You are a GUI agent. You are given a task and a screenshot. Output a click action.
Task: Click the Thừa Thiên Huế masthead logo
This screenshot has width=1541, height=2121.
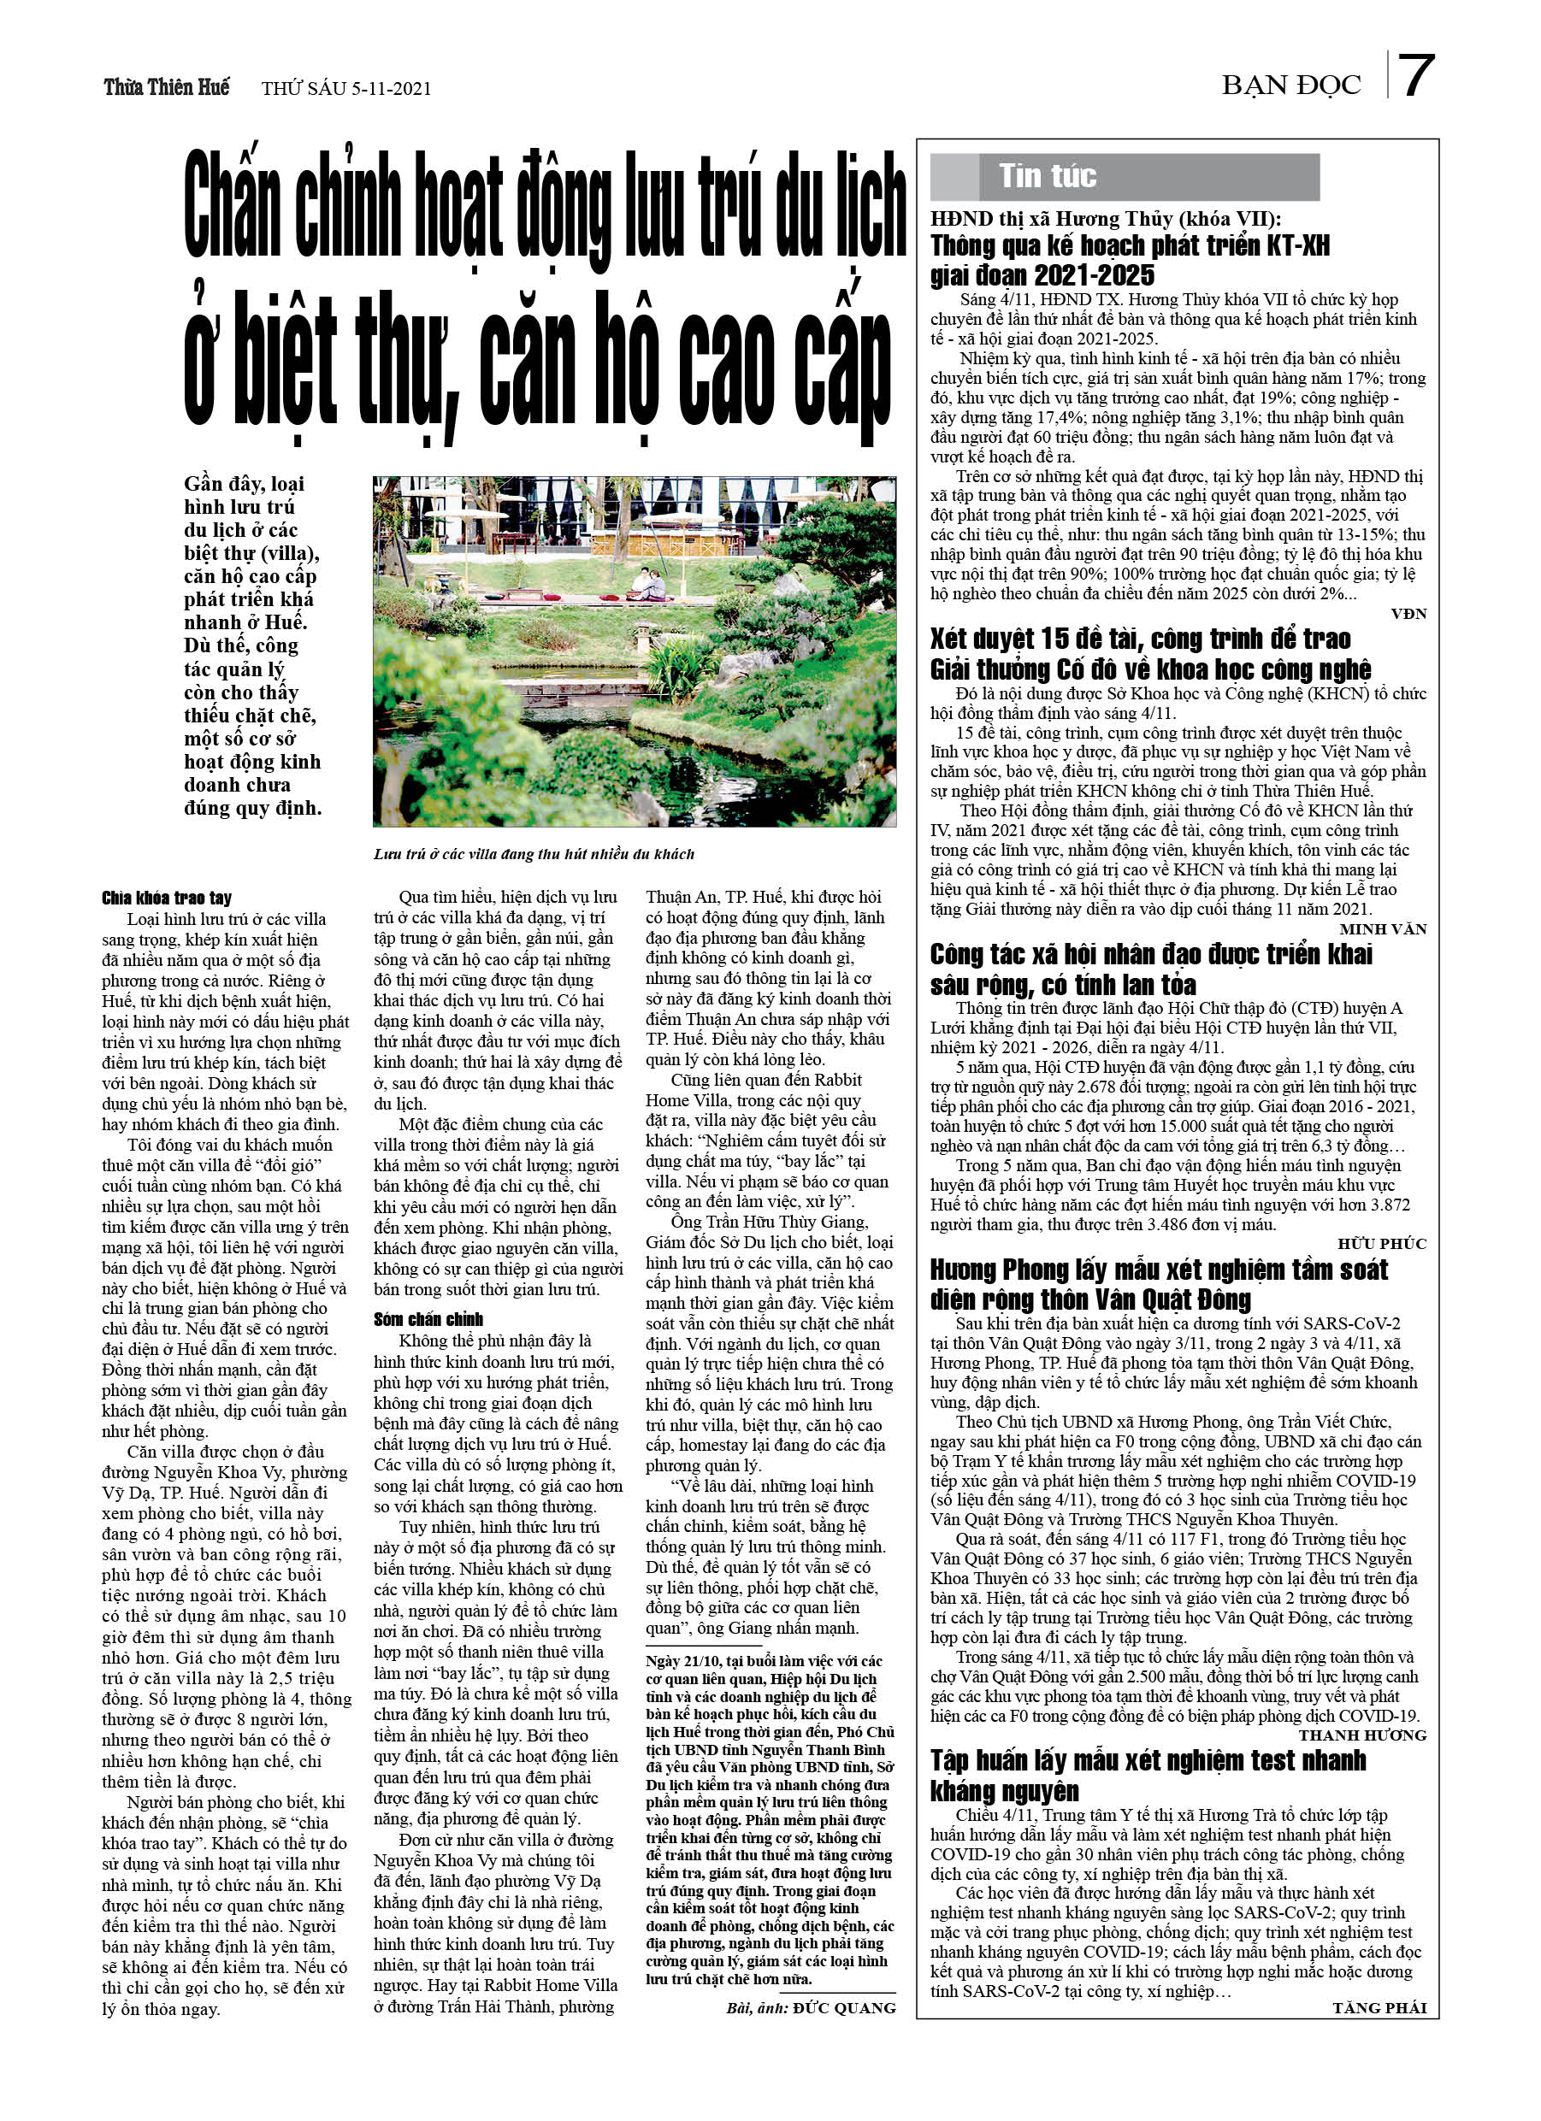(167, 87)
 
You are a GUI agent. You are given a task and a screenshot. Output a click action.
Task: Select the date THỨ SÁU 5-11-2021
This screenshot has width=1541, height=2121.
(346, 89)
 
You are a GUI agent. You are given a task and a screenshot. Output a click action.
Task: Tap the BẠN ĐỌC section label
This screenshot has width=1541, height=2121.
(1290, 86)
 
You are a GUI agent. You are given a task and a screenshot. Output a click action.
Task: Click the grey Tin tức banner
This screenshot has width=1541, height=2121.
(1124, 177)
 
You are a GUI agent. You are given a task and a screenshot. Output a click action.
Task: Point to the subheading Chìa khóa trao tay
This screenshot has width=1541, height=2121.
(167, 898)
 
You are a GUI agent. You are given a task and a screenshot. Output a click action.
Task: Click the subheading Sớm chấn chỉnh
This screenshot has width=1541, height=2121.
(428, 1320)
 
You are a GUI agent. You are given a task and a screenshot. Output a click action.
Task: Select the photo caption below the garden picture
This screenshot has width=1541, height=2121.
(534, 854)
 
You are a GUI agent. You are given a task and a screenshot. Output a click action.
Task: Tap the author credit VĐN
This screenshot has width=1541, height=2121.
(1408, 614)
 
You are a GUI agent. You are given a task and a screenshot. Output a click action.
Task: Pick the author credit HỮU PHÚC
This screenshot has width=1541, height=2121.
(1381, 1244)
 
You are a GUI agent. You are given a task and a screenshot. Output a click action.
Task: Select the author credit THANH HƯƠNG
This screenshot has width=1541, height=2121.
(1362, 1735)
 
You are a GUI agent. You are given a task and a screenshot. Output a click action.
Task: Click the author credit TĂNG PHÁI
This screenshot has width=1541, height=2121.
(1379, 2008)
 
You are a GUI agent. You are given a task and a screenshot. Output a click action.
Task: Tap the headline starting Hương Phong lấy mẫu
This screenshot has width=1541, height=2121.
(1159, 1284)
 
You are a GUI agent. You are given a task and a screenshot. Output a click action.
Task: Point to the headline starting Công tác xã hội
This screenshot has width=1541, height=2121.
(1150, 969)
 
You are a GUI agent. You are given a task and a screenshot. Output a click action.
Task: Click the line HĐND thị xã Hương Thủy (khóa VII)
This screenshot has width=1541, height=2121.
(1105, 219)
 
